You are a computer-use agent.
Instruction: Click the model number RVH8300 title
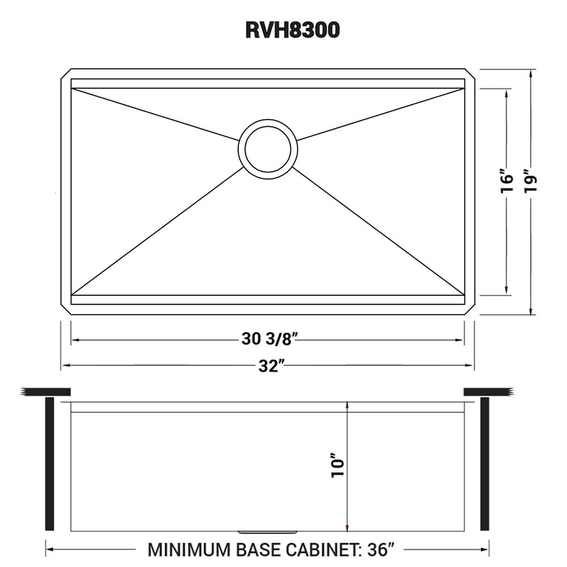click(292, 30)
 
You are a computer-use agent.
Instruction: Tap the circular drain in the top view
click(268, 147)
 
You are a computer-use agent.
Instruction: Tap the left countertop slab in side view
click(45, 391)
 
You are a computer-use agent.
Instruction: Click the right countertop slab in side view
click(489, 391)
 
